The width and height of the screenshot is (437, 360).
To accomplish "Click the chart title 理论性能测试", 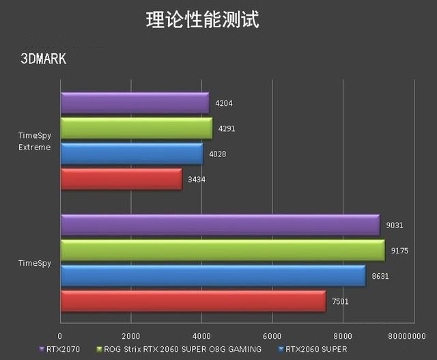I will coord(203,19).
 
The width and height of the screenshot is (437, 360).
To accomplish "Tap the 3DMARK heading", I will coord(44,59).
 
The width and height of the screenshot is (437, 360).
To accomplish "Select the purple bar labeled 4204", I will coord(135,103).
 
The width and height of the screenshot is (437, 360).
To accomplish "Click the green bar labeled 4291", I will coord(137,128).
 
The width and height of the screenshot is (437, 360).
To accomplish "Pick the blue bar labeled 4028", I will coord(132,154).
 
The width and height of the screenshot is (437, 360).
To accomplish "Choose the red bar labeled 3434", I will coord(122,179).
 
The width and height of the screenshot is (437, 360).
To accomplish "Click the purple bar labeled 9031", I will coord(220,225).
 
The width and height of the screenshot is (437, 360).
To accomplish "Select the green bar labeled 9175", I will coord(223,250).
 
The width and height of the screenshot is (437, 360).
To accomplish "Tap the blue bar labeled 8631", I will coord(213,275).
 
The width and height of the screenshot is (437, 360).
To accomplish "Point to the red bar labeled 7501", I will coord(193,301).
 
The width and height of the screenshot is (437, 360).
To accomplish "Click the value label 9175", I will coord(399,251).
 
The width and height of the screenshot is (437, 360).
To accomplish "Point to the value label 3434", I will coord(197,179).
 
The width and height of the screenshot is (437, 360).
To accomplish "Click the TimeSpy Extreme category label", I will coord(35,141).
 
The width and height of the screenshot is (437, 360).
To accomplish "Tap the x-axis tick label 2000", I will coord(130,336).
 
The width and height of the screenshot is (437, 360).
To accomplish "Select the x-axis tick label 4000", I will coord(201,336).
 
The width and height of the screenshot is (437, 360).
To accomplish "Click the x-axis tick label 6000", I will coord(272,336).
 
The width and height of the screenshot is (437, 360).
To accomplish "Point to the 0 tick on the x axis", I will coord(60,336).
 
